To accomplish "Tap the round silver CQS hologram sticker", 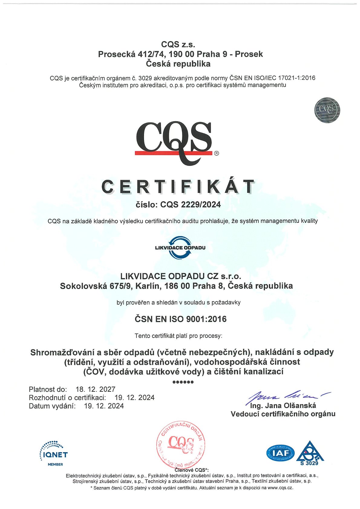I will click(327, 110).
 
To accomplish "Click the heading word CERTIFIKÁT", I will click(178, 187).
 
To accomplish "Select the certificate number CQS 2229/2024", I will click(191, 205).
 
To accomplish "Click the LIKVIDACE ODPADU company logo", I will click(180, 248).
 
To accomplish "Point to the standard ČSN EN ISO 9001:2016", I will click(181, 319).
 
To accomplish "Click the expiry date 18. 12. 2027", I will click(96, 389).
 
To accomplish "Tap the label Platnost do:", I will click(48, 389).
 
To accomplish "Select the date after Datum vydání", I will click(104, 406).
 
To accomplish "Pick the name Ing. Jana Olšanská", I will click(283, 406).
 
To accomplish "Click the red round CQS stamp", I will click(181, 444).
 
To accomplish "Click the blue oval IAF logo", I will click(280, 453).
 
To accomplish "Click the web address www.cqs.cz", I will click(280, 488).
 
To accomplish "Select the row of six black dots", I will click(183, 382).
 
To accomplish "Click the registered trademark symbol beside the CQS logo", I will click(216, 153).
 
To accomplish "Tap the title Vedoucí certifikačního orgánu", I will click(283, 414).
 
